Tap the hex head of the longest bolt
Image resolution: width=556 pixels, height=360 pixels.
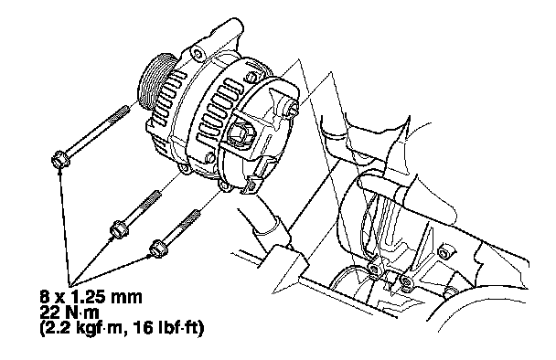click(60, 160)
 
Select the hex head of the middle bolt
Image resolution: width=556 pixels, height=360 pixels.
click(119, 229)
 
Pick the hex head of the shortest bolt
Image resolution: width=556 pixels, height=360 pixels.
click(158, 248)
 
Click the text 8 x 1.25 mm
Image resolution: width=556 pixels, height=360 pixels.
click(91, 297)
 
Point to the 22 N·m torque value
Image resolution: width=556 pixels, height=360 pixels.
click(69, 312)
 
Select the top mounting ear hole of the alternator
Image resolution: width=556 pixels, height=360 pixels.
click(198, 54)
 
